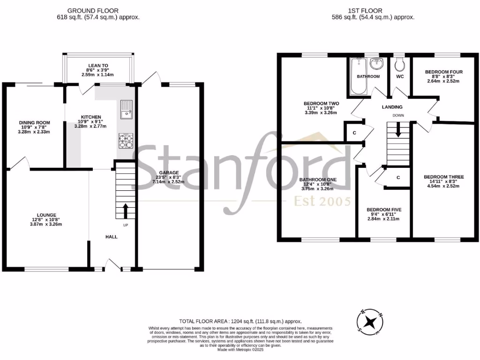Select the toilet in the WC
tap(399, 64)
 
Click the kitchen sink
tap(126, 109)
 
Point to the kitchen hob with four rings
tap(126, 141)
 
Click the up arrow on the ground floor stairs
tap(126, 210)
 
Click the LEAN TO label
tap(98, 66)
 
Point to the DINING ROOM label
tap(34, 123)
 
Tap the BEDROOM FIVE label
tap(384, 210)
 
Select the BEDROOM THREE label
tap(443, 177)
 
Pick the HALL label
tap(111, 237)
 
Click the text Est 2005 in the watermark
tap(322, 202)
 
